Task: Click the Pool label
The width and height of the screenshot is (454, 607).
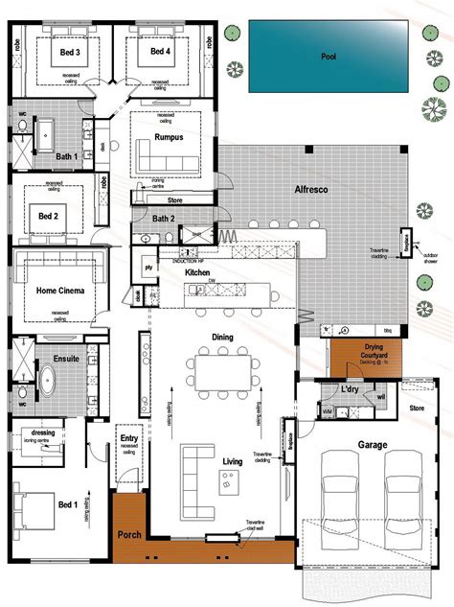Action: [x=328, y=57]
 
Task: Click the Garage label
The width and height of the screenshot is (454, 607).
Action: [x=373, y=445]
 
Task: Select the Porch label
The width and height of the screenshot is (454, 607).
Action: [x=128, y=533]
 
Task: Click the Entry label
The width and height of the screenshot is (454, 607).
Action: [x=128, y=438]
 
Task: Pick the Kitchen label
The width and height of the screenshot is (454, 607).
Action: [x=197, y=273]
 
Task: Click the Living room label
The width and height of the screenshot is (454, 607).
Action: [x=232, y=461]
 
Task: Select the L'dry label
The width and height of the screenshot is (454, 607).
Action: [x=350, y=390]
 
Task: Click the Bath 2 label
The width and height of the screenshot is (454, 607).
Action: [x=163, y=219]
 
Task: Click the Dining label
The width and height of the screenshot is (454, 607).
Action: [x=222, y=337]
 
